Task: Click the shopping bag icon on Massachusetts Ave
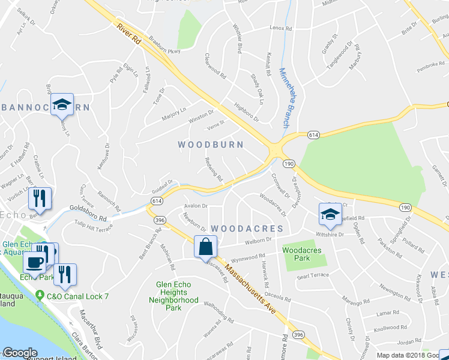tap(205, 247)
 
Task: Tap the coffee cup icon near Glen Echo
tap(34, 261)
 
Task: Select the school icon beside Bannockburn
tap(62, 105)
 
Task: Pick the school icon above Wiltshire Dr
tap(329, 213)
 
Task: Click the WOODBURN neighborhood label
tap(211, 145)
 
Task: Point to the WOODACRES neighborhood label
tap(247, 229)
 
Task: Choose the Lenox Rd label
tap(280, 28)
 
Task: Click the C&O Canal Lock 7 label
tap(76, 296)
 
